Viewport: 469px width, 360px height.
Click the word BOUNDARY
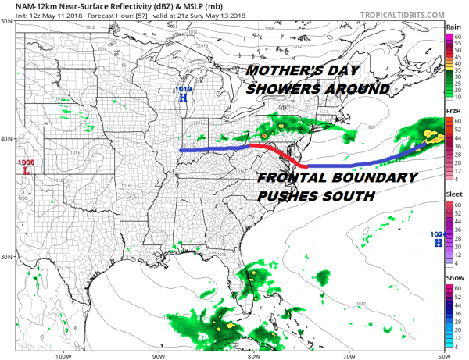click(x=373, y=178)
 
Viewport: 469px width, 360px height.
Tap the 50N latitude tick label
click(x=6, y=21)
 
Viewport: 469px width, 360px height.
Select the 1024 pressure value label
click(x=438, y=234)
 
